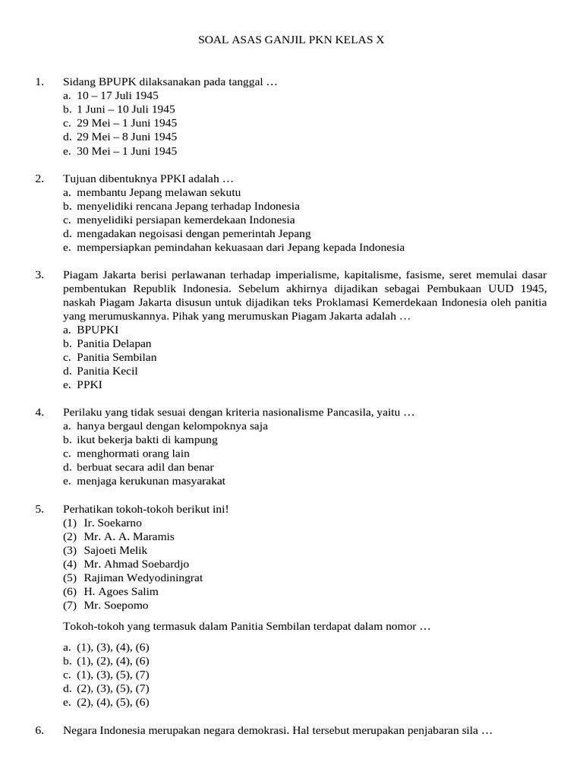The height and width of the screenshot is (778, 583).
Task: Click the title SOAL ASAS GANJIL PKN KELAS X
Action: pyautogui.click(x=291, y=40)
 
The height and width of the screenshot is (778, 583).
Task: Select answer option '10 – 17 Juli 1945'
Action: pyautogui.click(x=117, y=95)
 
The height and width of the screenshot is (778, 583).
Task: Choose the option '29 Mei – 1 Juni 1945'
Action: pyautogui.click(x=126, y=122)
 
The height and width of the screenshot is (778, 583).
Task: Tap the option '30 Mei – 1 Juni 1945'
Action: pyautogui.click(x=126, y=150)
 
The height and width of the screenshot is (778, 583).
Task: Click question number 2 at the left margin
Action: pyautogui.click(x=39, y=178)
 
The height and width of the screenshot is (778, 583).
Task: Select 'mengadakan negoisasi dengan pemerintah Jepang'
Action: pyautogui.click(x=193, y=233)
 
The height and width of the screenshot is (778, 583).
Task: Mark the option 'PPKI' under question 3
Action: pyautogui.click(x=89, y=384)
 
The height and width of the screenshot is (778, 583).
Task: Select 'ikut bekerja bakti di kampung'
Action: pyautogui.click(x=147, y=439)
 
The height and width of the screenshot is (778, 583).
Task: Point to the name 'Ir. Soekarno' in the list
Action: pyautogui.click(x=112, y=523)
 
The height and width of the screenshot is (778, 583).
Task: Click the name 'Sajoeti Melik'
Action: pyautogui.click(x=115, y=550)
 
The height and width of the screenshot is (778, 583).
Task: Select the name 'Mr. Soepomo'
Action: pyautogui.click(x=116, y=606)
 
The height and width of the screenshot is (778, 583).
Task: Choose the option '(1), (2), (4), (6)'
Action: pyautogui.click(x=112, y=661)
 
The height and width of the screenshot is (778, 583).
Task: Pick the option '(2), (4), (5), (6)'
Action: pyautogui.click(x=112, y=702)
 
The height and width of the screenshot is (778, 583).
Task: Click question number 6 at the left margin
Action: pyautogui.click(x=39, y=730)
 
